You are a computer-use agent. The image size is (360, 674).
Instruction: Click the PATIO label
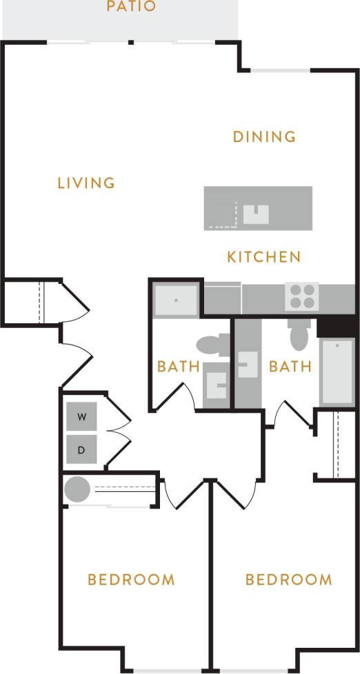[131, 8]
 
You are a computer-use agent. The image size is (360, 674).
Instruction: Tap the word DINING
[264, 136]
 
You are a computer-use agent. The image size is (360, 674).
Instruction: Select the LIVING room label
[86, 183]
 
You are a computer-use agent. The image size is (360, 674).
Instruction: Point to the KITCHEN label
[264, 257]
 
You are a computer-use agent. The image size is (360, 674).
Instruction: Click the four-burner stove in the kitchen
[301, 296]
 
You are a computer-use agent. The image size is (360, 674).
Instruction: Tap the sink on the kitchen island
[255, 214]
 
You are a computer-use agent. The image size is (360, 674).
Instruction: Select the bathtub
[337, 371]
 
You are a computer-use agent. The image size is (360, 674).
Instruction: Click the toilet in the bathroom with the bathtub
[299, 336]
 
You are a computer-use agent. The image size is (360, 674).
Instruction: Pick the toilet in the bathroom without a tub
[212, 343]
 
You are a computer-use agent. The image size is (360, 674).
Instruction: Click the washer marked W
[82, 417]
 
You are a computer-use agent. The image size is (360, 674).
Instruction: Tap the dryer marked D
[82, 450]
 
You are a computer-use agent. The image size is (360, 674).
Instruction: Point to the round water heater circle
[77, 490]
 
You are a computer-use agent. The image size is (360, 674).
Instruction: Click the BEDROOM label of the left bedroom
[131, 580]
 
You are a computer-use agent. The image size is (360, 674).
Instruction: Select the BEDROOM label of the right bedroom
[288, 580]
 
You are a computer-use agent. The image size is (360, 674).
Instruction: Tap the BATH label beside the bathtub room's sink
[290, 366]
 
